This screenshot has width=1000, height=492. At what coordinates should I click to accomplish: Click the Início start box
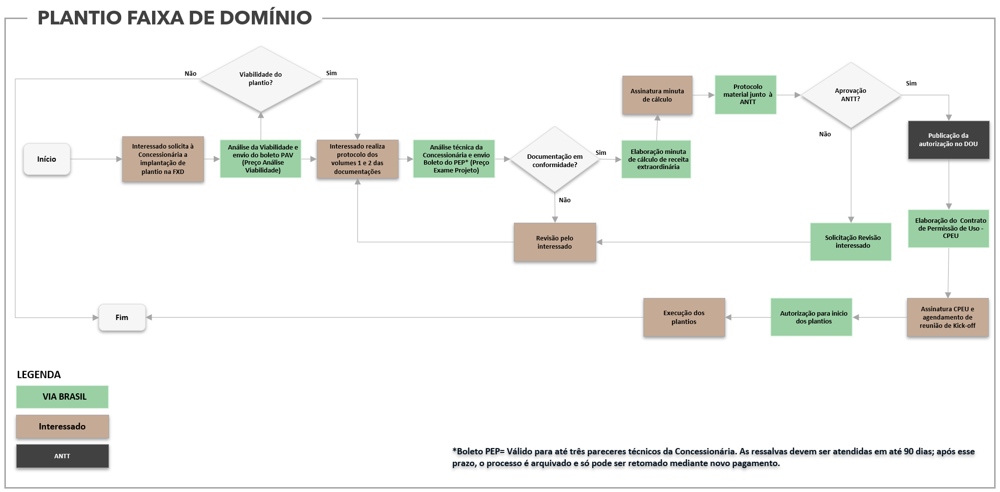[47, 159]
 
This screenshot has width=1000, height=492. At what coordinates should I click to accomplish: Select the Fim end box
[122, 318]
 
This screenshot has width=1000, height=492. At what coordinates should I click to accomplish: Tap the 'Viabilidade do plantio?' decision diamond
[261, 79]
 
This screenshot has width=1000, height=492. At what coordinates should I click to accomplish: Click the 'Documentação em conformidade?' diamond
[555, 159]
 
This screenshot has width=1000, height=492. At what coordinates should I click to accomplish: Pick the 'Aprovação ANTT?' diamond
[851, 95]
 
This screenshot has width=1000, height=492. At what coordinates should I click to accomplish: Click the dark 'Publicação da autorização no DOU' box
[949, 140]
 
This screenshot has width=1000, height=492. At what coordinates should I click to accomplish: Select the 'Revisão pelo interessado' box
[555, 242]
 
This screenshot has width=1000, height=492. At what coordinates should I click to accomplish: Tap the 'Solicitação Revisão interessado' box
[851, 242]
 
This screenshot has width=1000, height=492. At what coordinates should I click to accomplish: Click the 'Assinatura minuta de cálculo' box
[657, 95]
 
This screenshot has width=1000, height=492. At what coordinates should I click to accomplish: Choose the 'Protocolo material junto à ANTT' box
[746, 95]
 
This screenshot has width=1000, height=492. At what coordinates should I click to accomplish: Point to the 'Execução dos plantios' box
[684, 317]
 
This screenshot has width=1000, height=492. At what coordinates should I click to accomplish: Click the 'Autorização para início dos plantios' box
[811, 317]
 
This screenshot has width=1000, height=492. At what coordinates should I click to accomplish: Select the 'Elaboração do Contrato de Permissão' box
[949, 229]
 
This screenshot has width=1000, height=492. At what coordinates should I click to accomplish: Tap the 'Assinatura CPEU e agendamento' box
[948, 317]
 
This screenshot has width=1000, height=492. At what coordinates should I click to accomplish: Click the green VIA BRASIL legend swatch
[62, 397]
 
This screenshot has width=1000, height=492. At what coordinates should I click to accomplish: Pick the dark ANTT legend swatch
[62, 456]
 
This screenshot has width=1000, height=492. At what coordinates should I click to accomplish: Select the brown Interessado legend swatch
[62, 427]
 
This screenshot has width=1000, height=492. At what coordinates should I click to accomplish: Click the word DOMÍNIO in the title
[266, 18]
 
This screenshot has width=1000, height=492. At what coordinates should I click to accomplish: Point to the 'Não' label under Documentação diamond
[565, 200]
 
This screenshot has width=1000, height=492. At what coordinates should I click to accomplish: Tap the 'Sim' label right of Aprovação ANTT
[911, 84]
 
